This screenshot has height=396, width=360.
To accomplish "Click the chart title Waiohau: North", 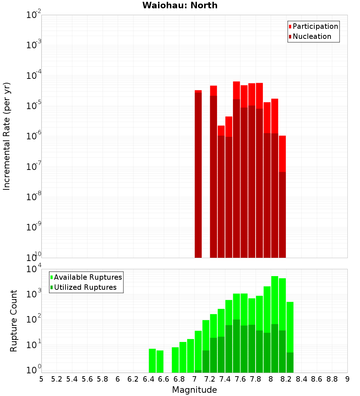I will (180, 5).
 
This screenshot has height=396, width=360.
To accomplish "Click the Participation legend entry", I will (315, 26).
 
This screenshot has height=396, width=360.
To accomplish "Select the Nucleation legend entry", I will (311, 36).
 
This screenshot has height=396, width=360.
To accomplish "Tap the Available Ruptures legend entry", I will (87, 277).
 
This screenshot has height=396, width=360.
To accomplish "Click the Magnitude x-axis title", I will (194, 390).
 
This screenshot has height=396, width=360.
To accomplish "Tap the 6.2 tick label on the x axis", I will (133, 379).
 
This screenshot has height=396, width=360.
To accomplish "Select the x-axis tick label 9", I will (347, 379).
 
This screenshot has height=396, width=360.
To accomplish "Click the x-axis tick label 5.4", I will (72, 379).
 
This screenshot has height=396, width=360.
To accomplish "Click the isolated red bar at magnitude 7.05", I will (198, 173).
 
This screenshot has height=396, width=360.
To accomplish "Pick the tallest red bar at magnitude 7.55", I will (237, 169).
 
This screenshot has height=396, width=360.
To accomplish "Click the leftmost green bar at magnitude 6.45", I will (152, 360).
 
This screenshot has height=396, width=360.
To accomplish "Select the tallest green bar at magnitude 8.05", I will (275, 324).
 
